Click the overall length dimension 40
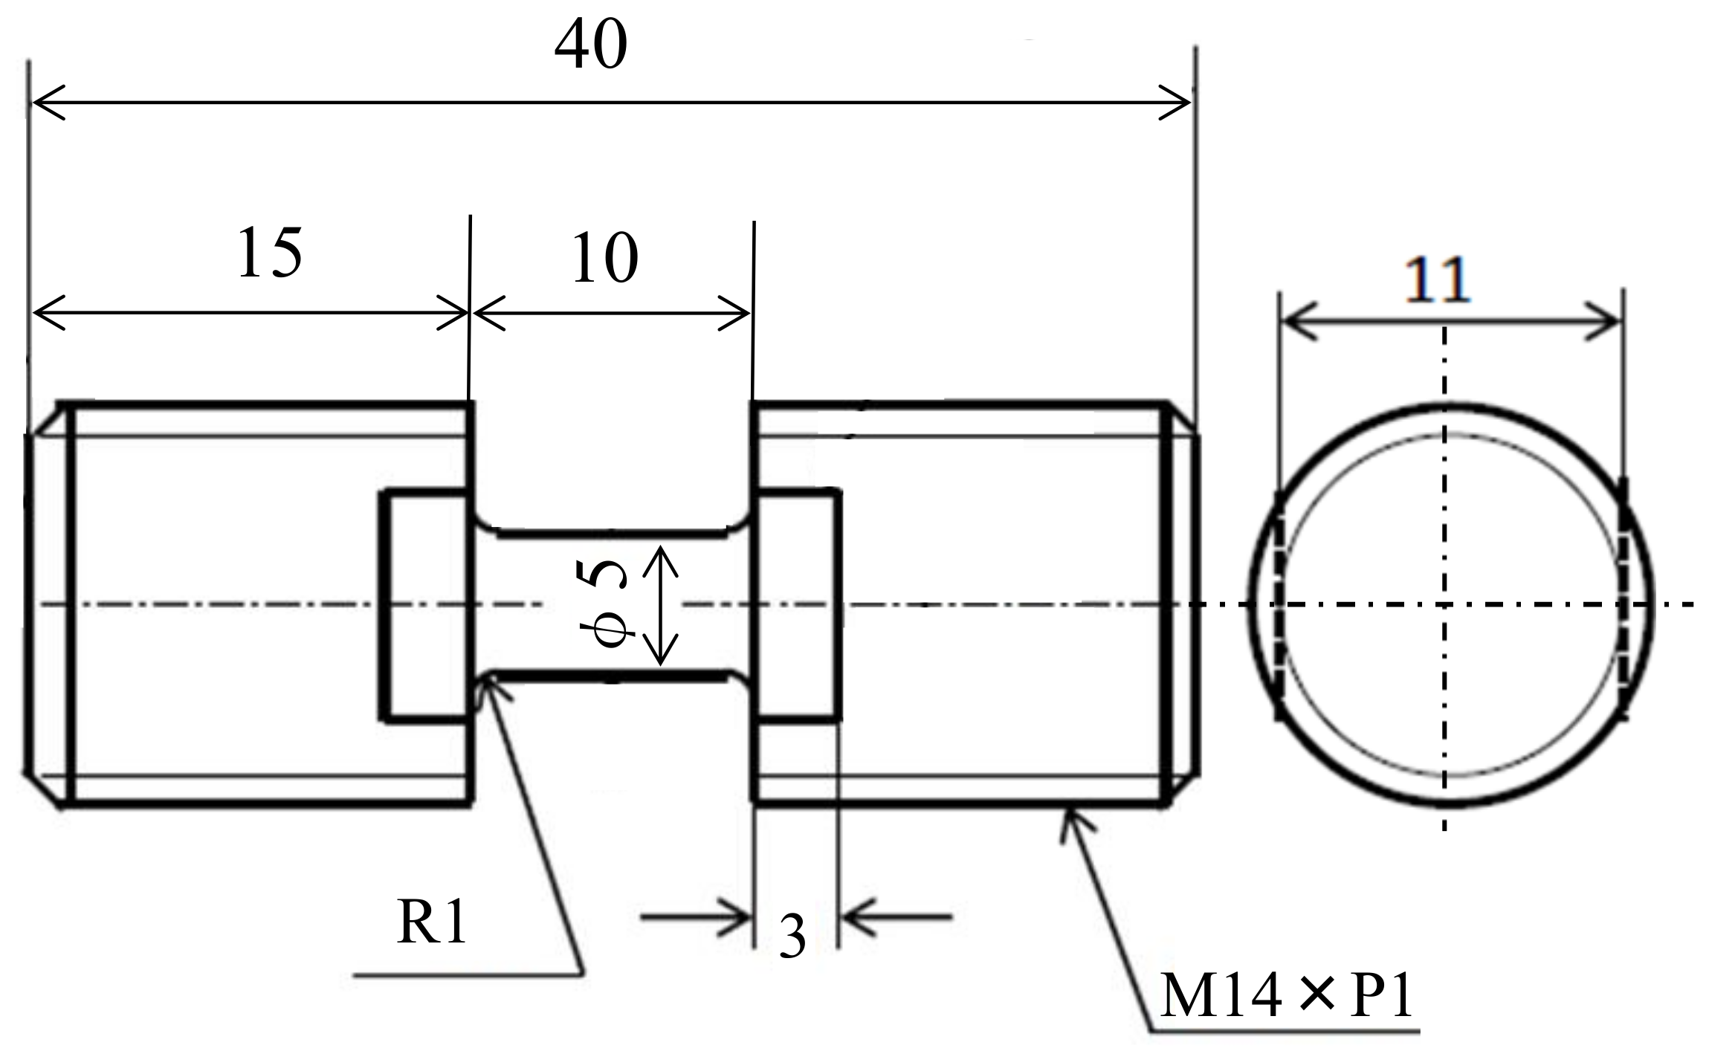(591, 46)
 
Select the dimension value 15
(270, 253)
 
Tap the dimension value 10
(604, 259)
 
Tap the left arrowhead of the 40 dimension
(45, 103)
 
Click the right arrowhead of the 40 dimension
(1177, 103)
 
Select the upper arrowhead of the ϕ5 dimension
(661, 557)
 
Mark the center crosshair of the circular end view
(1444, 604)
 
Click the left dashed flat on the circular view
(1278, 604)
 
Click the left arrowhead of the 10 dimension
(486, 313)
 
